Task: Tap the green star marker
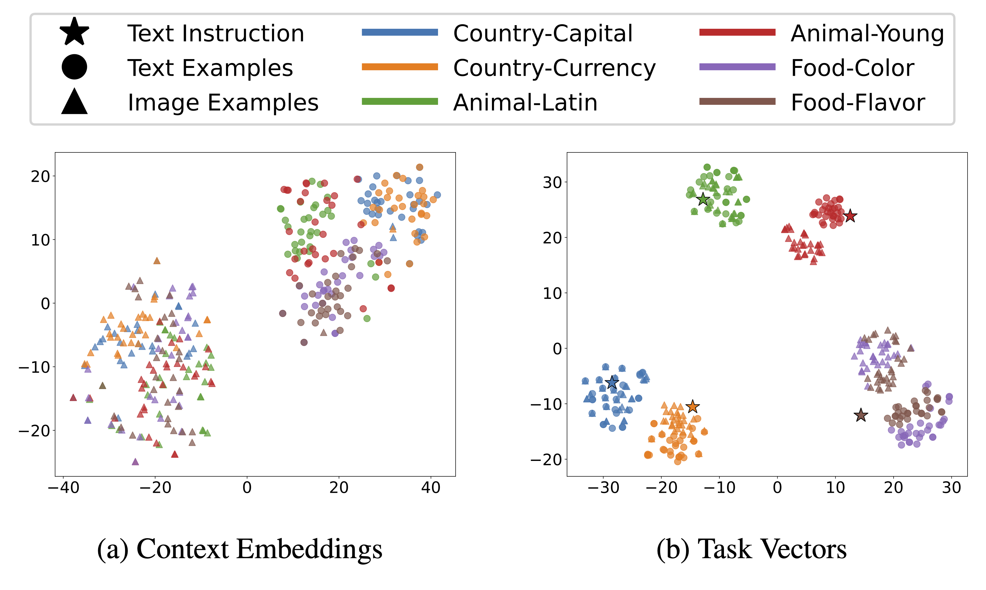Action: point(703,199)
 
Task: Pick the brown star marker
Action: point(861,415)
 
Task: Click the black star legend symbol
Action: point(74,32)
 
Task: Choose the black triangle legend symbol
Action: point(74,102)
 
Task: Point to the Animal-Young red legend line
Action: point(737,32)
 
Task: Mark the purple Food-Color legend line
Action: point(737,67)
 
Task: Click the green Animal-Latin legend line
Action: point(400,102)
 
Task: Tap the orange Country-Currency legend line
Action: point(400,67)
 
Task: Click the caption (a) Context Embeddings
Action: point(240,549)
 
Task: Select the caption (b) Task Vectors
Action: point(751,549)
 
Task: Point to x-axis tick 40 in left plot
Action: point(431,488)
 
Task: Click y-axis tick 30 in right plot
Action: point(553,182)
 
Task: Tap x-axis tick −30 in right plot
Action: point(603,488)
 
